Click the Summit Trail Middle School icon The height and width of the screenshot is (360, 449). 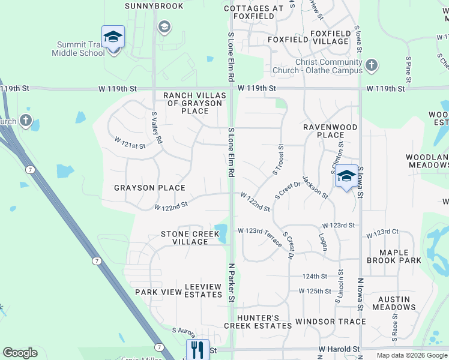113,37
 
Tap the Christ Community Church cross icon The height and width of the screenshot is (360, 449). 372,64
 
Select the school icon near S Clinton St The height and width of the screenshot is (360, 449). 346,176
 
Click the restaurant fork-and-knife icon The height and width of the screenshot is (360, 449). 197,349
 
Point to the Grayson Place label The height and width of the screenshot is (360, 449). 150,188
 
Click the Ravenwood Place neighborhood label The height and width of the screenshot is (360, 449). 330,131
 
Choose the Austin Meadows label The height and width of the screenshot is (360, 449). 394,303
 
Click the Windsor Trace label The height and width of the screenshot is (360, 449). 330,322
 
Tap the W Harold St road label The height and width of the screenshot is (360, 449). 339,349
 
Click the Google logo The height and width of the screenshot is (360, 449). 20,353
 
